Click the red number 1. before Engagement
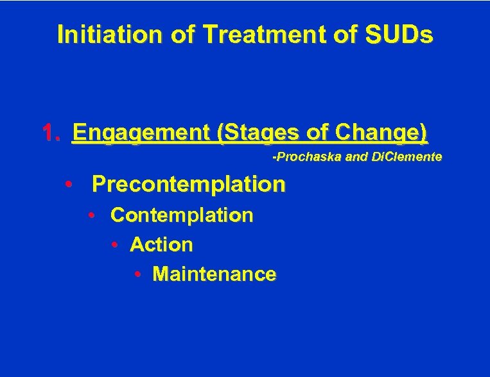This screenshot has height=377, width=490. click(x=51, y=133)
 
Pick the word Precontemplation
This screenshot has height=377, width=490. click(x=188, y=185)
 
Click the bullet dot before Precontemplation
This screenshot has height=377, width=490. click(x=68, y=185)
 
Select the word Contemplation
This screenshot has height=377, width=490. click(x=182, y=215)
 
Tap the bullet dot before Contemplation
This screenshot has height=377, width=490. click(x=92, y=215)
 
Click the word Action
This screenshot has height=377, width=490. click(x=161, y=244)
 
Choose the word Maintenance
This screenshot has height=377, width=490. click(x=214, y=274)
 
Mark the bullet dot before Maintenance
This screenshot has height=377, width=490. click(x=138, y=274)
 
